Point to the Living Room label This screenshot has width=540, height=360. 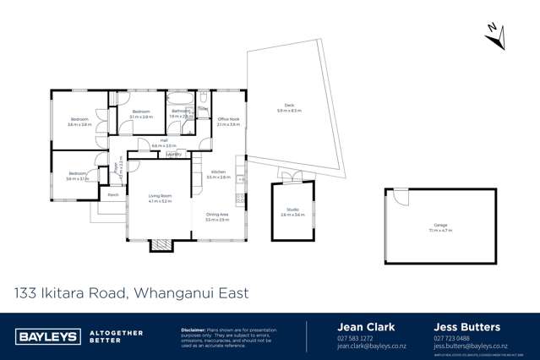160,198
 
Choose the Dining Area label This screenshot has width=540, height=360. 217,216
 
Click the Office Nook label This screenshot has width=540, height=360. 229,119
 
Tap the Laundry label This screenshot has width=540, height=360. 173,155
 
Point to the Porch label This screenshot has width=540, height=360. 113,194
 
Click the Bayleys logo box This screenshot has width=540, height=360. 47,335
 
